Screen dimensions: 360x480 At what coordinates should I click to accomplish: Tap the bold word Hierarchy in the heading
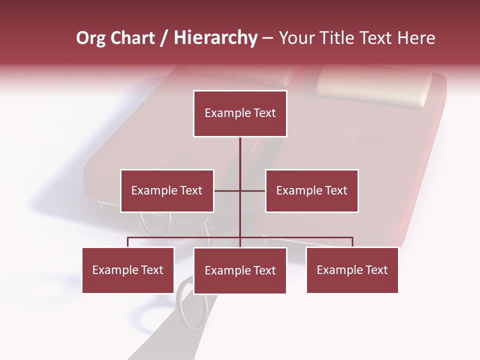pyautogui.click(x=215, y=38)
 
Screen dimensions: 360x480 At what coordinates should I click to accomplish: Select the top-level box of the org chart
pyautogui.click(x=240, y=113)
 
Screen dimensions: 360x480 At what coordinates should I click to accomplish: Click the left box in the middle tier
pyautogui.click(x=167, y=190)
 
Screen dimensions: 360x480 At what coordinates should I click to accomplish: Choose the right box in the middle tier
pyautogui.click(x=311, y=190)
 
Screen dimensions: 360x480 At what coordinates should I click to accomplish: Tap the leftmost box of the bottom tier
pyautogui.click(x=128, y=270)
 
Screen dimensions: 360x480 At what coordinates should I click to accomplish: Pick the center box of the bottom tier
pyautogui.click(x=240, y=270)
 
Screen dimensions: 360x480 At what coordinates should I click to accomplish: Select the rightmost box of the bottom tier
pyautogui.click(x=352, y=270)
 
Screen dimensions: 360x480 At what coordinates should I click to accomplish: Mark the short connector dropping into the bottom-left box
pyautogui.click(x=128, y=242)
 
